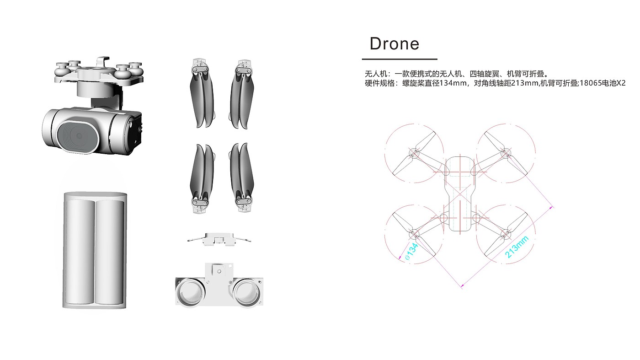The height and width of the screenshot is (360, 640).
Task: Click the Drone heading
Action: tap(394, 44)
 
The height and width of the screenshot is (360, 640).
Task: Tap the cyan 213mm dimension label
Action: tap(517, 247)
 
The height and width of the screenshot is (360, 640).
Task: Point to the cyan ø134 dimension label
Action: tap(411, 252)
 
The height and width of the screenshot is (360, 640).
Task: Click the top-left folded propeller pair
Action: tap(202, 94)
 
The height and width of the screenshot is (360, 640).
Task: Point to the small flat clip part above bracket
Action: tap(219, 239)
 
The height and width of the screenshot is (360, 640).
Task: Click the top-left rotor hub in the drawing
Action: tap(414, 153)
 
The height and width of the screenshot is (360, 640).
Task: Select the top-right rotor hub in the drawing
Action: tap(505, 153)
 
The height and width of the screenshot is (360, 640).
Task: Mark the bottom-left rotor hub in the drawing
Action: tap(414, 234)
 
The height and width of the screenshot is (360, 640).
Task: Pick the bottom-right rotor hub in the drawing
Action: tap(505, 234)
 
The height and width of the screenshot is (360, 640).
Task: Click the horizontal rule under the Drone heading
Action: tap(400, 59)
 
